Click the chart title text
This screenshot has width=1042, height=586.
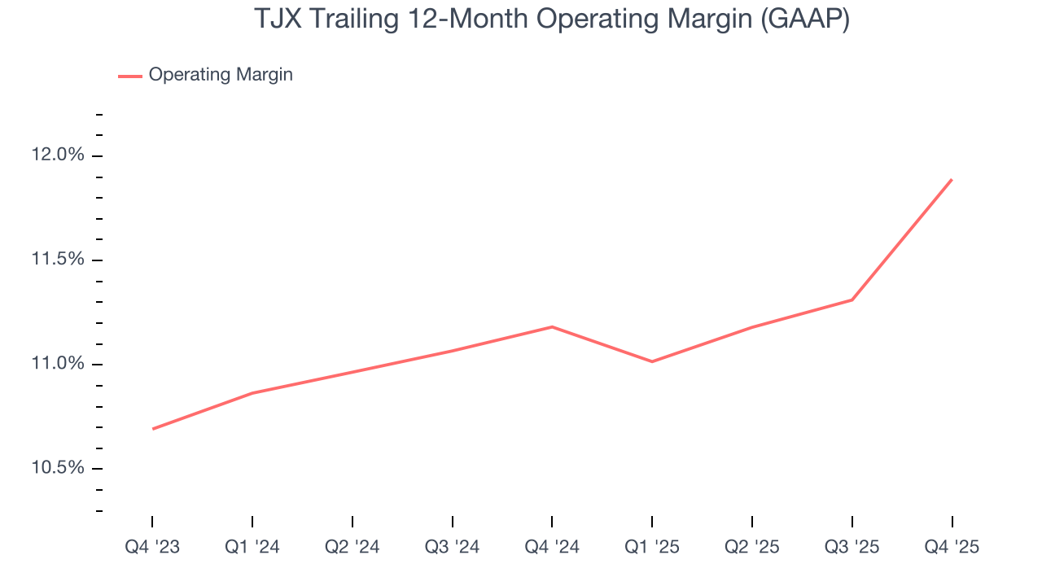point(552,19)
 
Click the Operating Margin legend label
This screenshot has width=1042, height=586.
point(220,75)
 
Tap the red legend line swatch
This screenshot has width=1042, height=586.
point(130,76)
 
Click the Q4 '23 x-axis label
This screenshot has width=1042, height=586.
point(152,548)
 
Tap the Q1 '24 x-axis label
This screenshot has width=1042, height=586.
point(252,548)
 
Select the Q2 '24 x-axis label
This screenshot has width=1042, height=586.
point(352,548)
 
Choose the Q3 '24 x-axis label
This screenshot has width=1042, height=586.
point(453,548)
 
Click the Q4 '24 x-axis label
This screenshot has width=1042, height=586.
point(552,548)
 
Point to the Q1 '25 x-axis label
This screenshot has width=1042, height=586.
point(652,548)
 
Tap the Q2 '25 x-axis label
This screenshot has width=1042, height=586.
point(752,548)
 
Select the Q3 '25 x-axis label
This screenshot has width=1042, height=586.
point(852,548)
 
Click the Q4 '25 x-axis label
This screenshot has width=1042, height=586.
point(952,548)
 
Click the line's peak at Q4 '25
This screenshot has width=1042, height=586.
point(952,180)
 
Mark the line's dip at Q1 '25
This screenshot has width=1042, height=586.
point(652,361)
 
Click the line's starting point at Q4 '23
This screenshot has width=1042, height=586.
point(153,429)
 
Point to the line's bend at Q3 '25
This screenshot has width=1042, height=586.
point(852,300)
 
